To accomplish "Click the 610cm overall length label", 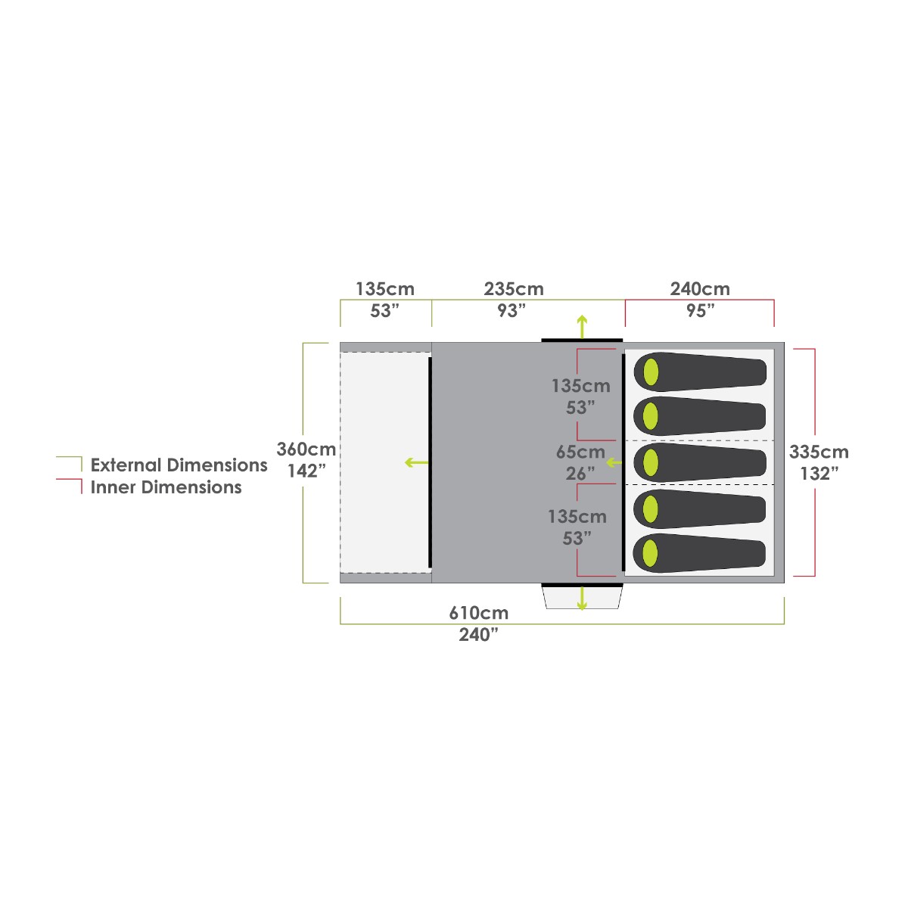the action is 479,613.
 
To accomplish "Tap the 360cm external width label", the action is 306,449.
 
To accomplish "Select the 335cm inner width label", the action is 819,452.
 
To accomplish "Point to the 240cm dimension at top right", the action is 700,289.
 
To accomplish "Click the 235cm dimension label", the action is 514,289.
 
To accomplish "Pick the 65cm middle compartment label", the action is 580,452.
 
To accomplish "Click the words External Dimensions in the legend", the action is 179,465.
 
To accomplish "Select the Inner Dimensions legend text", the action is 166,487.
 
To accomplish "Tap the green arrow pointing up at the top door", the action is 582,327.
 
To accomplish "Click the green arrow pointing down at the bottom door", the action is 582,598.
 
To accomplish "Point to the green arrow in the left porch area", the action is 416,463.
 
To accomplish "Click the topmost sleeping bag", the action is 700,372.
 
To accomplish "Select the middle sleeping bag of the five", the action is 700,462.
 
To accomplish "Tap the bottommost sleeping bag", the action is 700,553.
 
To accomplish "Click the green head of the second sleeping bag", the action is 650,416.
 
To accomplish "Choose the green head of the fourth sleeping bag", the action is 650,508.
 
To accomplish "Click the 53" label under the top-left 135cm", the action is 384,311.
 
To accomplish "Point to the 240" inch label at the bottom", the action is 478,635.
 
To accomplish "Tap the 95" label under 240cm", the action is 700,311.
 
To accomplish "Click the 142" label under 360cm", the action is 306,471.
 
